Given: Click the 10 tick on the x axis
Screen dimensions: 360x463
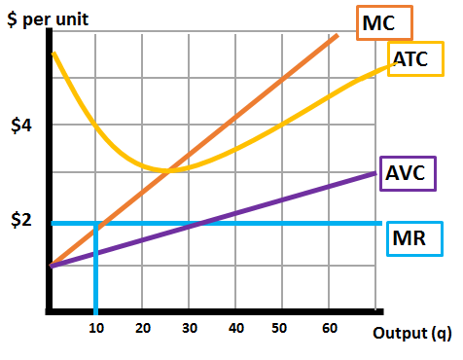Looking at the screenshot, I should (x=95, y=329).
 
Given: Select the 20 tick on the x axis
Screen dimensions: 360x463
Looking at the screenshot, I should (x=142, y=329).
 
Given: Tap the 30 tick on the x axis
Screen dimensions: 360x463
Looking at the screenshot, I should (x=190, y=329).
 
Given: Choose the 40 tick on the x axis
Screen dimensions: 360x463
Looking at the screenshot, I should (x=236, y=329).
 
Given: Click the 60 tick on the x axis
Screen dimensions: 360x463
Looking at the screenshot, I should (x=331, y=329).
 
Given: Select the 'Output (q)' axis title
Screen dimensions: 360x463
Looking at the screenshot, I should (x=411, y=334).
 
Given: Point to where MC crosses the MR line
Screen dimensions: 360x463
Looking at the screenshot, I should (x=97, y=224).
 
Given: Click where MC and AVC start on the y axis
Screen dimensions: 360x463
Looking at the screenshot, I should (x=51, y=265).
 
